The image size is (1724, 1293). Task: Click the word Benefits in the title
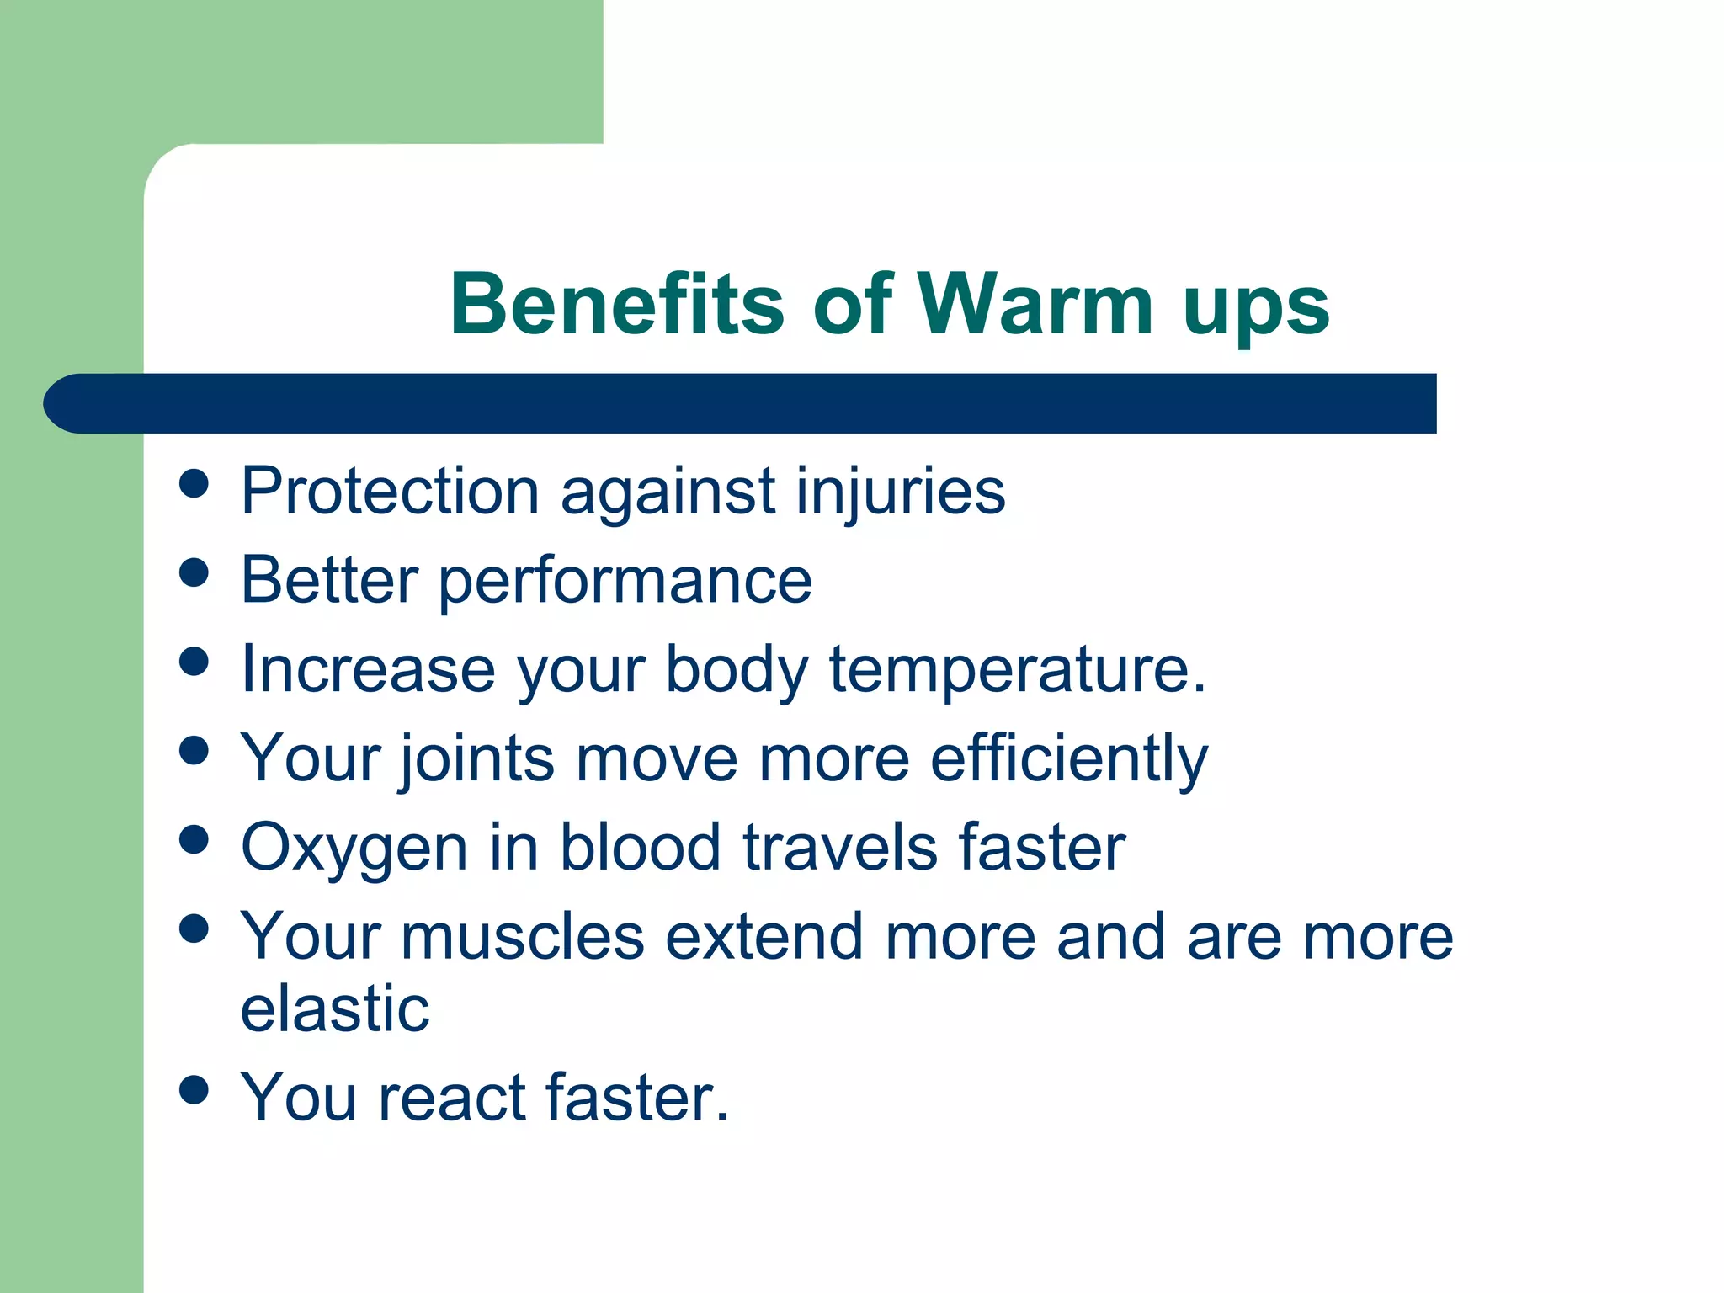pos(617,305)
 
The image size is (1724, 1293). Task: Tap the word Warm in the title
pos(1035,305)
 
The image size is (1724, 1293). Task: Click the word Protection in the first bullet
pos(389,491)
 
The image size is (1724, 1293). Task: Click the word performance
pos(625,582)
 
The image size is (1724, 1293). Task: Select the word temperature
pos(1016,671)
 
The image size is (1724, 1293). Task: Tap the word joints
pos(476,758)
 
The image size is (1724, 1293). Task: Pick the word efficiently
pos(1068,760)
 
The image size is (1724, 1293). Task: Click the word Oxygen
pos(354,849)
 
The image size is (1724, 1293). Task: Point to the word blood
pos(641,847)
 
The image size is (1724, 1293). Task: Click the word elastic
pos(335,1008)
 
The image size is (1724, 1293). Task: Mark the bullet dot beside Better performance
pos(194,573)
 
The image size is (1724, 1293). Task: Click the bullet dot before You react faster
pos(194,1089)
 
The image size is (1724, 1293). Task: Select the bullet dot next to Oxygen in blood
pos(194,839)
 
